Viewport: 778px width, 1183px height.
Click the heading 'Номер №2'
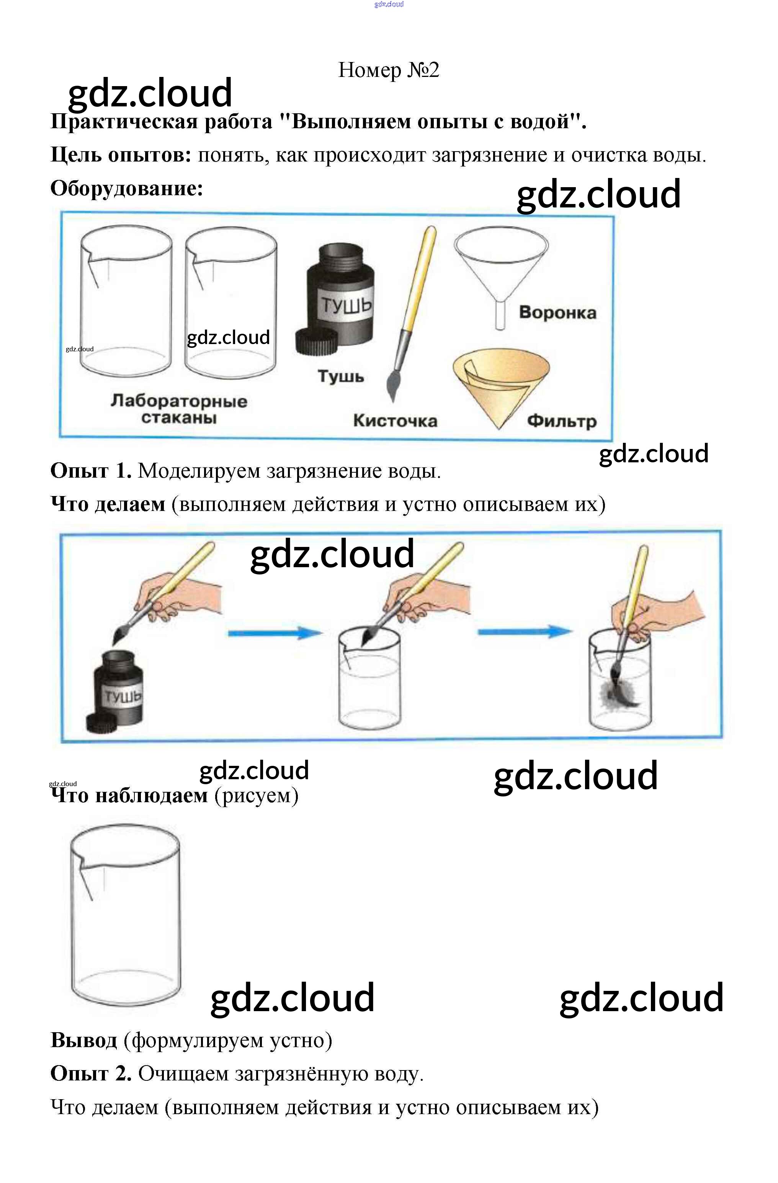[388, 70]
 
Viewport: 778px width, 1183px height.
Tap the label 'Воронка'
[557, 313]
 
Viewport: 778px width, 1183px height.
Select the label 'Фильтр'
[561, 421]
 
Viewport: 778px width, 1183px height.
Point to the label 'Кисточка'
[395, 421]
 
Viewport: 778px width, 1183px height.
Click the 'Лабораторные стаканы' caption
[178, 409]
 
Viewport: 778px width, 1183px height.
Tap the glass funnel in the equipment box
[500, 268]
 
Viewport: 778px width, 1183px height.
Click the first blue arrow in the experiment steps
[275, 633]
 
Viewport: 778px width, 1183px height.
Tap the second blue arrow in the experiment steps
[525, 632]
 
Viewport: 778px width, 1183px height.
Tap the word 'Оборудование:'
[127, 188]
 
